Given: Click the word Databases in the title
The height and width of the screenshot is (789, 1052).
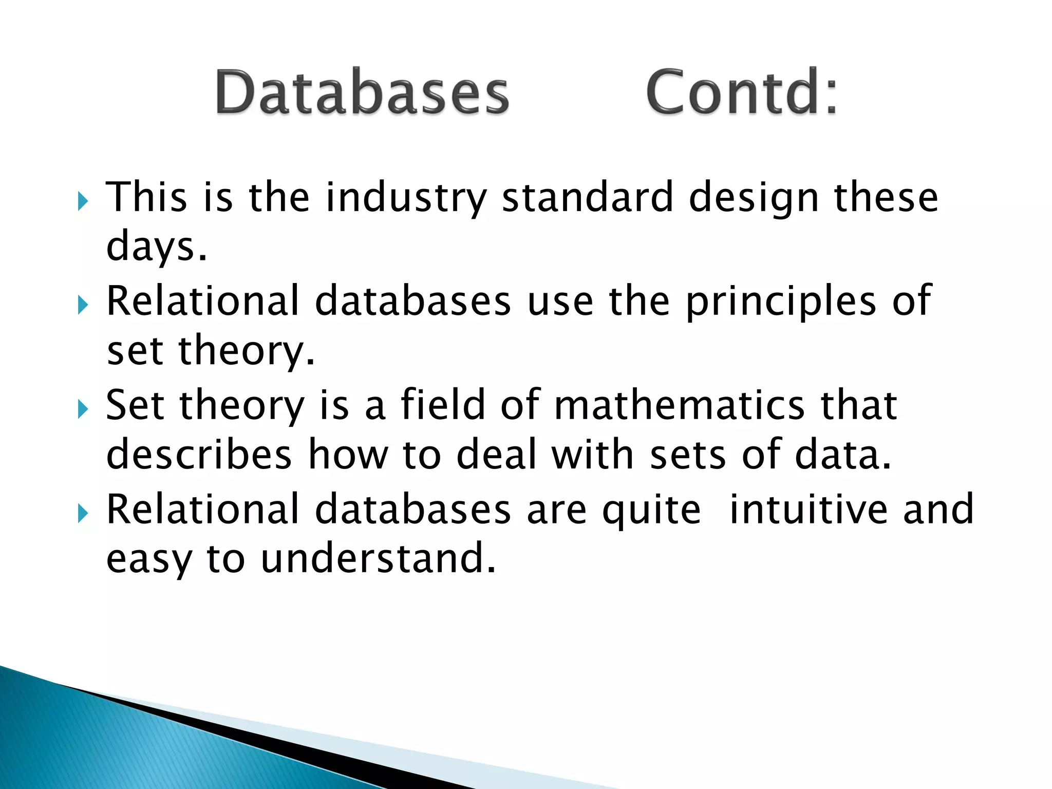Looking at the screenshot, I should (x=362, y=92).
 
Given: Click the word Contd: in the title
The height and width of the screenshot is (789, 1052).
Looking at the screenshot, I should (x=742, y=92).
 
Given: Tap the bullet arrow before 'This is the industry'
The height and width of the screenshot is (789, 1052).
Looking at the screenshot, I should (x=83, y=201).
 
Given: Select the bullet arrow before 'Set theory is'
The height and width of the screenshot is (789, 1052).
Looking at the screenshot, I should (x=83, y=409).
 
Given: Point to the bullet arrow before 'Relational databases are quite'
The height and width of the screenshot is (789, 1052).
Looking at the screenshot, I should (x=83, y=513).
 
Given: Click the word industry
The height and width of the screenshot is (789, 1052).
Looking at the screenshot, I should (x=406, y=198).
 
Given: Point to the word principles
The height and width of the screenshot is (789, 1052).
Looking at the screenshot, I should (x=781, y=302).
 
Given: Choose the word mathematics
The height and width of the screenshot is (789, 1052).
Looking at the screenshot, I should (x=679, y=405).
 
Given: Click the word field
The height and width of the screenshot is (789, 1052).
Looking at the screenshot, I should (x=443, y=404).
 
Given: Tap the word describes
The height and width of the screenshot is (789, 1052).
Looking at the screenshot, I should (x=199, y=455).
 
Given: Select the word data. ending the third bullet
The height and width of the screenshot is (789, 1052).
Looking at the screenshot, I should (x=842, y=455).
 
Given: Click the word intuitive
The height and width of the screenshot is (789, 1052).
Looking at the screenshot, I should (x=808, y=509).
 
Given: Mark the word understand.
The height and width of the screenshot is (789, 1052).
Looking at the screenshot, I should (x=378, y=558).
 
